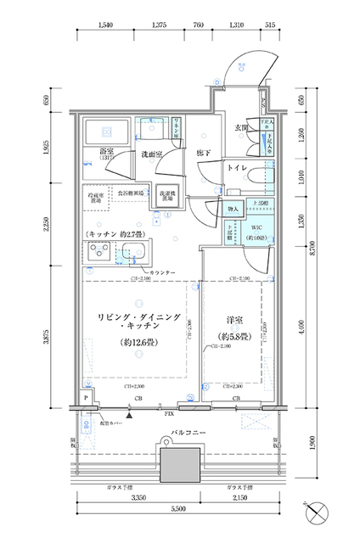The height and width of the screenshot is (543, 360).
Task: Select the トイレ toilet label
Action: pos(236,169)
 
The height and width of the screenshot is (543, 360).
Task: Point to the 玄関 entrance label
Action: pos(240,128)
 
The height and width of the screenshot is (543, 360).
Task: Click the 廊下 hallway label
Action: pos(203,153)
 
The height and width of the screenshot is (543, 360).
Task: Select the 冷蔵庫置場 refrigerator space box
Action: pos(95,197)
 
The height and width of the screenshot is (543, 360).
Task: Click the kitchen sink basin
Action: pos(132,251)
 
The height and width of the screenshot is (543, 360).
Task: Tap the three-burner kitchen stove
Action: pos(95,252)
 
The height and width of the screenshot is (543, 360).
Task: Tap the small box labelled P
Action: pos(86,397)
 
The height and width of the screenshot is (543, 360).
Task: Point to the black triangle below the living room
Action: pos(129,414)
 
